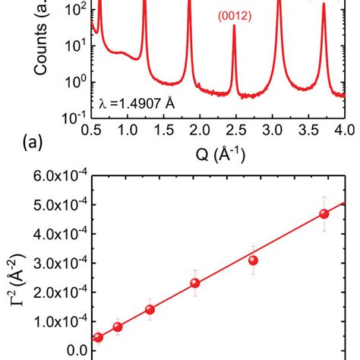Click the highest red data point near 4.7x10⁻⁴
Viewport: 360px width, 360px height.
[x=324, y=214]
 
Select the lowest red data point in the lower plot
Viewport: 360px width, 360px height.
[x=98, y=337]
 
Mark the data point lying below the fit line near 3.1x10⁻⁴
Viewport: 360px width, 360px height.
[x=253, y=261]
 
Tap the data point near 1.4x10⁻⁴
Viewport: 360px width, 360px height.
[x=150, y=310]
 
